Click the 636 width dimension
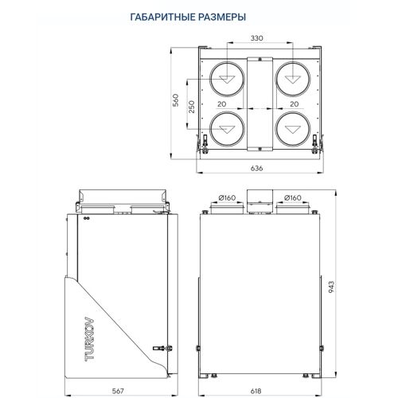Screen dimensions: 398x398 coord(256,168)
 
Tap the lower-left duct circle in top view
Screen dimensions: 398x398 coord(228,127)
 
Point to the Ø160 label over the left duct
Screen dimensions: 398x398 coord(228,197)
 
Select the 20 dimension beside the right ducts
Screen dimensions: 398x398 coord(294,103)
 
